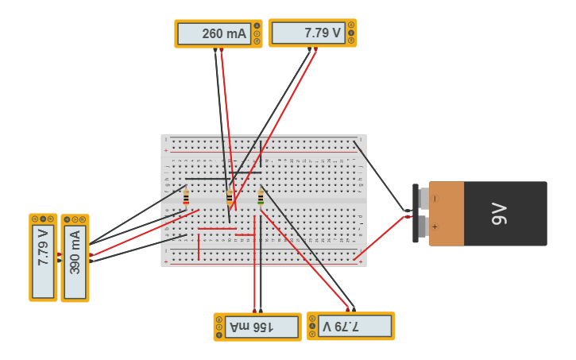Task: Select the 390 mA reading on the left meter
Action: pyautogui.click(x=75, y=252)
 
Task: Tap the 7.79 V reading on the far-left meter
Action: pyautogui.click(x=43, y=252)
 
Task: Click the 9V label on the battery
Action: pyautogui.click(x=499, y=213)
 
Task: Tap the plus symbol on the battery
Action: pyautogui.click(x=435, y=226)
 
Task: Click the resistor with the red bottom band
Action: pyautogui.click(x=186, y=197)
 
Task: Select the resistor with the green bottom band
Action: pyautogui.click(x=260, y=197)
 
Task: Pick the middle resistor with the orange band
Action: pyautogui.click(x=230, y=197)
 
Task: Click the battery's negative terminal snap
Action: pyautogui.click(x=416, y=199)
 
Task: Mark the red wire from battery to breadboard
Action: pyautogui.click(x=381, y=237)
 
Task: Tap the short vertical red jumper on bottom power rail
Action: pyautogui.click(x=198, y=246)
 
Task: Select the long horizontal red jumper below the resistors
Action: pyautogui.click(x=217, y=229)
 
